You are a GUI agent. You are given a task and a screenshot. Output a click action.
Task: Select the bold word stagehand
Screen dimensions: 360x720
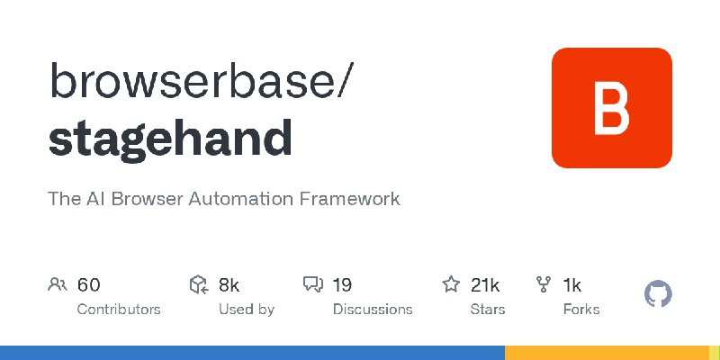coord(170,138)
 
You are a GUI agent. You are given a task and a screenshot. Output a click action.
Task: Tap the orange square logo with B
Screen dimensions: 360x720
coord(611,108)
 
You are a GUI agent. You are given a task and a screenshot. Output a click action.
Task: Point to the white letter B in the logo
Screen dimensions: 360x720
coord(611,108)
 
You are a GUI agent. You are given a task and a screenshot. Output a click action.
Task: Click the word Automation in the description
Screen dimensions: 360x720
coord(236,198)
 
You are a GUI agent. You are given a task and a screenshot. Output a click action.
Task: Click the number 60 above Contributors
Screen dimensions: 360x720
coord(88,285)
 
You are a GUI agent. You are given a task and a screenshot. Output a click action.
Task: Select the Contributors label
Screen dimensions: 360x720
coord(119,309)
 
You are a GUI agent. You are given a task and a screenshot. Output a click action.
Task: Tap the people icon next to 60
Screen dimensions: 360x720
coord(58,285)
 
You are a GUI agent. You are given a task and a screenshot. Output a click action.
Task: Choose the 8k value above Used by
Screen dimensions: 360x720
coord(229,285)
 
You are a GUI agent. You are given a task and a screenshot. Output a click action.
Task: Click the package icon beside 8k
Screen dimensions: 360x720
coord(199,285)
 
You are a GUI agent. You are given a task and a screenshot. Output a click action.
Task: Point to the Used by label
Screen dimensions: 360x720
coord(247,309)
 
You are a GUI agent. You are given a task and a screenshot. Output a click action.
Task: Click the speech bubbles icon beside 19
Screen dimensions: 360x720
coord(313,285)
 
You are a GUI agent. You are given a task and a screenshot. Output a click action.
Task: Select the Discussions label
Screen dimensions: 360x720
coord(373,309)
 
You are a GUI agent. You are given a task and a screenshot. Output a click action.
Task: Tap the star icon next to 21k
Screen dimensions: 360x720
coord(451,285)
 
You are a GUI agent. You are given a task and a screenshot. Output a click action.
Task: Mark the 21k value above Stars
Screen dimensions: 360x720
coord(485,285)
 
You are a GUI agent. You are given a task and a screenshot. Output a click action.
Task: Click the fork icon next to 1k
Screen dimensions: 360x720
coord(544,285)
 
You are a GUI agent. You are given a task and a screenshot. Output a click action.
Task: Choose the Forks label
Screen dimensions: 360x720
coord(580,309)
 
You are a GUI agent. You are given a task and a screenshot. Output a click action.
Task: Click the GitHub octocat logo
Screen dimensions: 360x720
coord(659,294)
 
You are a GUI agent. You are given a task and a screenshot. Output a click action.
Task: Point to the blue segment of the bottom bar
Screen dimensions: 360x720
coord(252,353)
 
